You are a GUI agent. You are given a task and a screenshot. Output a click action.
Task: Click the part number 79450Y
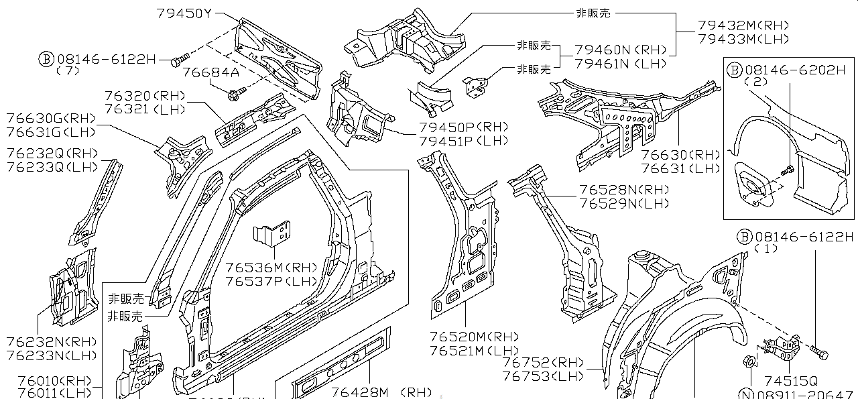184,13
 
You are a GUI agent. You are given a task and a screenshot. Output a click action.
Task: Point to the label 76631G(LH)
50,132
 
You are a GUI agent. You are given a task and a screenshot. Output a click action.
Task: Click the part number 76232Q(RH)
51,154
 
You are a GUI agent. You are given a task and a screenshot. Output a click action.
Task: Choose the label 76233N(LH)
52,355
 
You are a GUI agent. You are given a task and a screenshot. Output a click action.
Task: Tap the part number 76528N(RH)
624,190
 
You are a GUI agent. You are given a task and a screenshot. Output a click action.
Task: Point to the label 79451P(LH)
463,141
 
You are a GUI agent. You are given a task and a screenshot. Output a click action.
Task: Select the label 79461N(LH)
621,64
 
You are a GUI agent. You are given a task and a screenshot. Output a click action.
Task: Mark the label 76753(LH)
543,376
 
